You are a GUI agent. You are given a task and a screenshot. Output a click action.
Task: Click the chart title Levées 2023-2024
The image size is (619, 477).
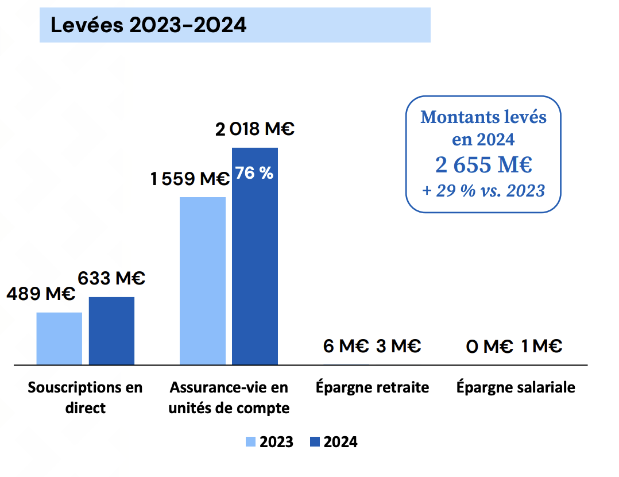pos(148,25)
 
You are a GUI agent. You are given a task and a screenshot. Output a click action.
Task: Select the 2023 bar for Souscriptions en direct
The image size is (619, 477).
pos(59,338)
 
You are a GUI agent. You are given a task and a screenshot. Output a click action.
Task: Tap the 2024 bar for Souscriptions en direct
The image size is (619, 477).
pos(112,331)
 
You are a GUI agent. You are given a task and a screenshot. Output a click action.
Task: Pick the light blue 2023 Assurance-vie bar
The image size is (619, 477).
pos(203,281)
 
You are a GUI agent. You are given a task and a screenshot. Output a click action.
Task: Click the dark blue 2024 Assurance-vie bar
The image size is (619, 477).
pos(255,256)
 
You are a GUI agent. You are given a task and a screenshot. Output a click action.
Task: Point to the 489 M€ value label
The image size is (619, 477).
pos(41,294)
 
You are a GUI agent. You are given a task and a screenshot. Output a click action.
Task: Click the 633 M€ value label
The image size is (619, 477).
pos(111,278)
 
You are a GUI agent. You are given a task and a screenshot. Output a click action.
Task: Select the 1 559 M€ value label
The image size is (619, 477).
pos(190,179)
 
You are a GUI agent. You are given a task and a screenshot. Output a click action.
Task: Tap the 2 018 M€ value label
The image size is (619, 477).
pos(254,129)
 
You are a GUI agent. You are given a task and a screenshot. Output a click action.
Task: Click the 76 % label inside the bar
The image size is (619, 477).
pos(254,173)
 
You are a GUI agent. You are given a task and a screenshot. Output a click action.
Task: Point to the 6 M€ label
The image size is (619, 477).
pos(346,346)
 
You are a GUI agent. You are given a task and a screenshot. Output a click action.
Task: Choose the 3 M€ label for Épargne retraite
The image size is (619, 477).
pos(399,346)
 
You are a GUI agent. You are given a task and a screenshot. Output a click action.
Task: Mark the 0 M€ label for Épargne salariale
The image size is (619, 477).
pos(489,347)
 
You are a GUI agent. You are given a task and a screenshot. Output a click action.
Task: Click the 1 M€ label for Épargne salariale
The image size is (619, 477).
pos(541,346)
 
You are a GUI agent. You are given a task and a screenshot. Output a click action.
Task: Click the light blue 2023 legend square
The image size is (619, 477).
pos(250,441)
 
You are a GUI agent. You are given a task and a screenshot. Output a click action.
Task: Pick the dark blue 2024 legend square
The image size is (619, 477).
pos(315,441)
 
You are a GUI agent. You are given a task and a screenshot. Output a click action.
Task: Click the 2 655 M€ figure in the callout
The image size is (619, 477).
pos(483,165)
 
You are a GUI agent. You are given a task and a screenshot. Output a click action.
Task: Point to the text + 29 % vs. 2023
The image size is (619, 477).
pos(483,190)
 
